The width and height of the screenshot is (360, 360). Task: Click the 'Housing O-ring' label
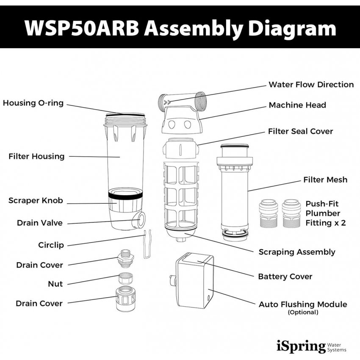tap(33, 103)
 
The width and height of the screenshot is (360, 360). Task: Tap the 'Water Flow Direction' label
tap(311, 84)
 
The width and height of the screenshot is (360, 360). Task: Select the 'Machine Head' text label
tap(297, 105)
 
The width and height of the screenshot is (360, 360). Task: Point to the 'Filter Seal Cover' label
tap(300, 131)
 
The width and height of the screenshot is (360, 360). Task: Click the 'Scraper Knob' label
tap(36, 201)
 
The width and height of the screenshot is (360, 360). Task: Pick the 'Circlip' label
tap(51, 245)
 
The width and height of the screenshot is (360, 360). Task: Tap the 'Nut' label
tap(55, 284)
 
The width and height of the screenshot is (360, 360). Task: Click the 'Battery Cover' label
tap(285, 277)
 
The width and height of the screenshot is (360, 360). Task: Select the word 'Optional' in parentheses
tap(303, 313)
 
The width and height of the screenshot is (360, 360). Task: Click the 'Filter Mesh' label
tap(325, 180)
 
